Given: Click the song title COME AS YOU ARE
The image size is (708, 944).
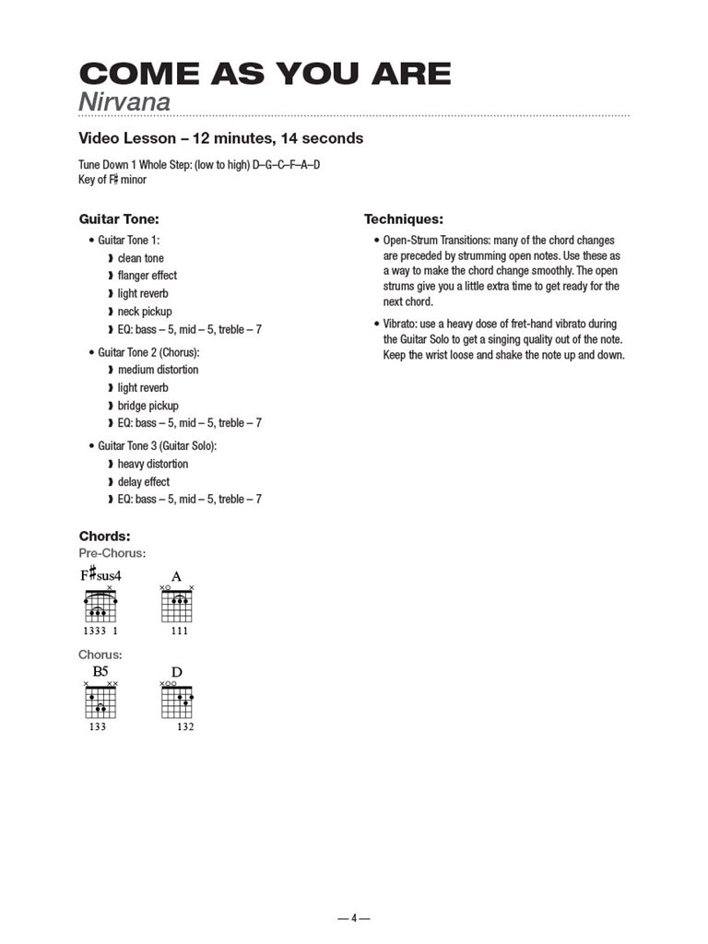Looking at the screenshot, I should (x=265, y=74).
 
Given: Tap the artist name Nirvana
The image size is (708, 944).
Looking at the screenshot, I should (x=124, y=101).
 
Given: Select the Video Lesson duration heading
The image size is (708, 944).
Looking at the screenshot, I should (x=221, y=138).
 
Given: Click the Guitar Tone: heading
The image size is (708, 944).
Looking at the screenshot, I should (x=119, y=219).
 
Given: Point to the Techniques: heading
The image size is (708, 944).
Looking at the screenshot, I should (x=404, y=219).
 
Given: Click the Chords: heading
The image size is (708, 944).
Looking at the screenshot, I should (x=104, y=536).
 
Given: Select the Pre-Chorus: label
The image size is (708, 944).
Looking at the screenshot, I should (x=112, y=553).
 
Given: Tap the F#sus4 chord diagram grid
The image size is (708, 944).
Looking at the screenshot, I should (x=100, y=606).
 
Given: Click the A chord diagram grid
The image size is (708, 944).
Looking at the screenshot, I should (x=177, y=606).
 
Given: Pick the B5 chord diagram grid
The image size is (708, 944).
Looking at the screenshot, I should (x=100, y=702).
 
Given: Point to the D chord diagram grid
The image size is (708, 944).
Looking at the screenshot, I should (x=177, y=702).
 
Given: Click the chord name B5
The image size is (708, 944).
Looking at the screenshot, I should (x=100, y=672).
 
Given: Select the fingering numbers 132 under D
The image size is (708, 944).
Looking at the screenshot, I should (x=185, y=726).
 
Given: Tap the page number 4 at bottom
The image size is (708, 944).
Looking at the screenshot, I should (x=353, y=918).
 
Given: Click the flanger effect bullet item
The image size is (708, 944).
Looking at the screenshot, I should (x=147, y=276).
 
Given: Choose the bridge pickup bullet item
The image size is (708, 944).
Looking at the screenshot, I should (x=147, y=406).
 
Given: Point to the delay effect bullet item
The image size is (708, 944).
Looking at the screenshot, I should (x=143, y=482).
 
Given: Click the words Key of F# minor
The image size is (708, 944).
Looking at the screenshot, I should (x=112, y=180).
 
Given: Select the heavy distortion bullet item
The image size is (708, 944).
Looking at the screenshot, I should (x=152, y=464).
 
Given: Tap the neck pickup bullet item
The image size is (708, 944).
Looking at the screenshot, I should (x=144, y=312).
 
